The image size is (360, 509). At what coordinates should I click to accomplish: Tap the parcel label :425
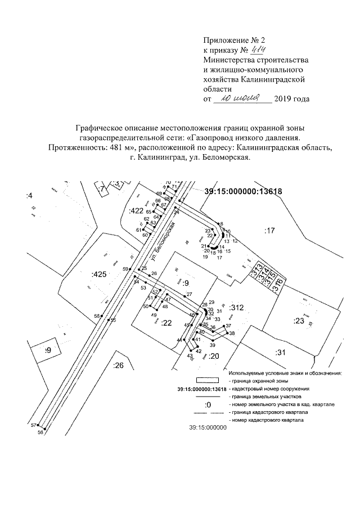[x=98, y=274]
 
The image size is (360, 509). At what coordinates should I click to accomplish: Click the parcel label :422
[x=136, y=210]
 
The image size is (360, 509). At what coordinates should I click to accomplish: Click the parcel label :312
[x=236, y=308]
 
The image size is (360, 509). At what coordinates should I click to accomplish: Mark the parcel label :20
[x=213, y=356]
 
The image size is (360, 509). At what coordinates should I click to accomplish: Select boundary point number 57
[x=33, y=425]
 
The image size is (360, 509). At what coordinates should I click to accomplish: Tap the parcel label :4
[x=29, y=195]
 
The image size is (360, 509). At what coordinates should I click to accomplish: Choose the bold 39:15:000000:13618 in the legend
[x=201, y=389]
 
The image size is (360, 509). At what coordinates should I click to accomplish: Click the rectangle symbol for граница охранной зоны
[x=206, y=381]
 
